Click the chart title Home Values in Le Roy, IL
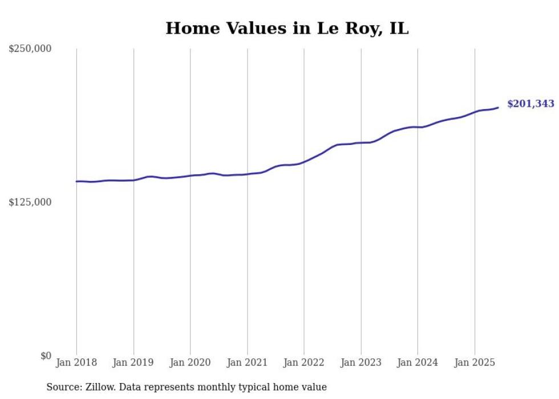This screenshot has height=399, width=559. pos(287,28)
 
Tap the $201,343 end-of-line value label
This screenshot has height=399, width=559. pos(530,104)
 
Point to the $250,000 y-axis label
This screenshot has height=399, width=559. pos(30,49)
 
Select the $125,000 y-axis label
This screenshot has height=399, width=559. pos(30,202)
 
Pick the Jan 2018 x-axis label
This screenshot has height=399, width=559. pos(76,362)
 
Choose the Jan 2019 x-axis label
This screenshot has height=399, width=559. pos(133,362)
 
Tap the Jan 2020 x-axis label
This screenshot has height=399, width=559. pos(190,362)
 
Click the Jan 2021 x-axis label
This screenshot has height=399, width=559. pos(247,362)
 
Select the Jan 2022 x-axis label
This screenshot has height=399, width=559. pos(304,362)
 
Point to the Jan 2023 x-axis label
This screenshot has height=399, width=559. pos(360,362)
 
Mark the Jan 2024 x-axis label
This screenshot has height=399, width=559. pos(418,362)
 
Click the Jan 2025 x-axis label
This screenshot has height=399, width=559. pos(475,362)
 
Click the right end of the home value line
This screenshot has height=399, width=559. pos(498,107)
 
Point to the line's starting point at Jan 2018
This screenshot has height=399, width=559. pos(76,182)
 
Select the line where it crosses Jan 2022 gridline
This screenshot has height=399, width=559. pos(304,162)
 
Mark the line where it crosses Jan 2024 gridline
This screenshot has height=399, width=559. pos(418,127)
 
